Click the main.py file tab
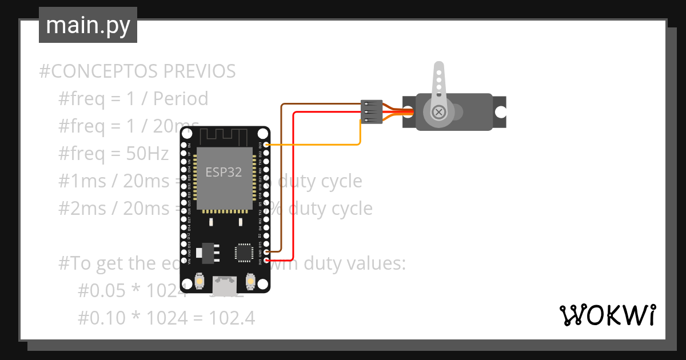point(87,25)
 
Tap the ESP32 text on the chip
point(224,172)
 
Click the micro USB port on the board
point(225,284)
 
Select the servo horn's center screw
point(438,112)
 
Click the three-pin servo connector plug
point(372,112)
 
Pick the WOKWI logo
point(607,315)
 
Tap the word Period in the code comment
point(181,99)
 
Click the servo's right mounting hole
point(500,112)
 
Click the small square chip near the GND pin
point(244,252)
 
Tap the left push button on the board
point(200,281)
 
